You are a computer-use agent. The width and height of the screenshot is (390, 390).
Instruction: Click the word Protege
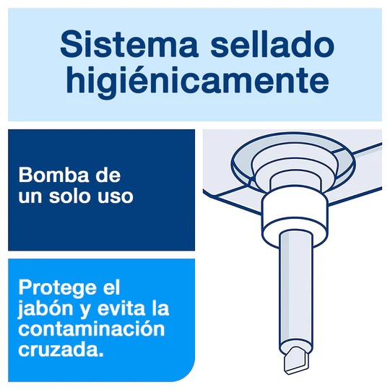(60, 288)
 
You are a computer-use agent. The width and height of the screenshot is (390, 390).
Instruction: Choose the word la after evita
(158, 308)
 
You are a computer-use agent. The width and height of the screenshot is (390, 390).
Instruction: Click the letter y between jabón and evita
(86, 310)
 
